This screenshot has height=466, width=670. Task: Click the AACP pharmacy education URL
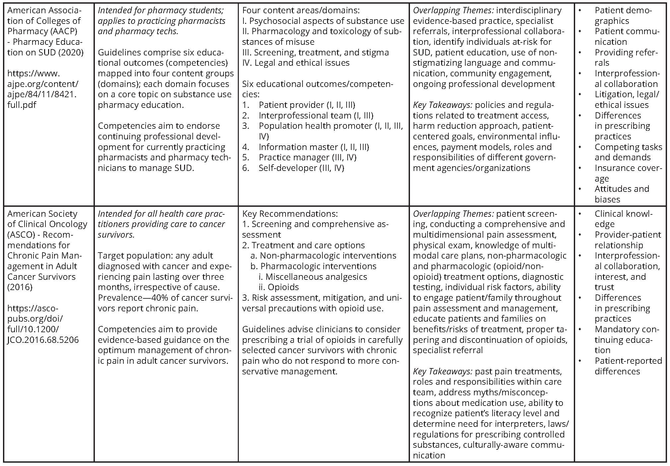42,89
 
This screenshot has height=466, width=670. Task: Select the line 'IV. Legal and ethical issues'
296,63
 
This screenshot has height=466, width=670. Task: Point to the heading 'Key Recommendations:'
290,214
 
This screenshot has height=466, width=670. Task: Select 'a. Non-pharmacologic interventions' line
323,256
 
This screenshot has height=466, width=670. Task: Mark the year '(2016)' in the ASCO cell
20,287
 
